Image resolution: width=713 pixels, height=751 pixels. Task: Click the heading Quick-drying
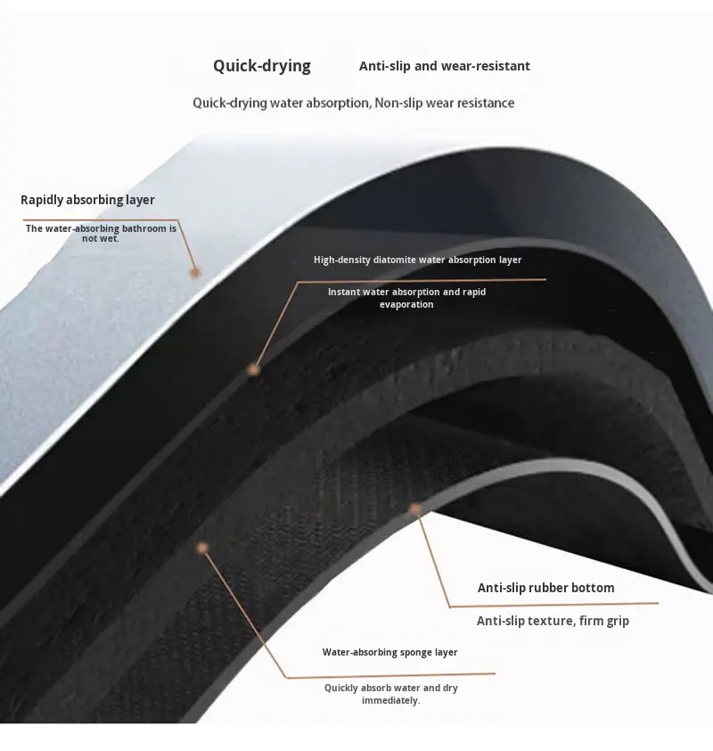pyautogui.click(x=261, y=66)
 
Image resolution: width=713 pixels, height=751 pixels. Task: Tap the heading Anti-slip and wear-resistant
pyautogui.click(x=444, y=66)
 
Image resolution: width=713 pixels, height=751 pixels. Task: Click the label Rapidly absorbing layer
pyautogui.click(x=87, y=200)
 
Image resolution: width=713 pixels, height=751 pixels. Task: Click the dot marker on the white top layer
pyautogui.click(x=195, y=272)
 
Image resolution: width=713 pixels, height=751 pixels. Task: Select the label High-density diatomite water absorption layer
pyautogui.click(x=417, y=260)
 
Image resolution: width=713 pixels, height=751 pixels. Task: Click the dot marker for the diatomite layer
pyautogui.click(x=254, y=368)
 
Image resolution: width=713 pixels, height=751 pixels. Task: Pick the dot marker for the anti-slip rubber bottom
pyautogui.click(x=414, y=509)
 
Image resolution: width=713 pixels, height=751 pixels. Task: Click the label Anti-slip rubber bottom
pyautogui.click(x=545, y=588)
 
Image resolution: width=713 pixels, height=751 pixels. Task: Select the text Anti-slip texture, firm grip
pyautogui.click(x=553, y=621)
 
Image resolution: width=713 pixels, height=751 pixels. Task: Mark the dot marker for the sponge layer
pyautogui.click(x=202, y=548)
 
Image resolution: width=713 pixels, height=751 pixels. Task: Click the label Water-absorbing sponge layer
pyautogui.click(x=389, y=652)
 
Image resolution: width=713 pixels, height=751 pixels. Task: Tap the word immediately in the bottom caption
pyautogui.click(x=390, y=700)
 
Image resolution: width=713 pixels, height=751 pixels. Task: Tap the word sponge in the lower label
pyautogui.click(x=416, y=652)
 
